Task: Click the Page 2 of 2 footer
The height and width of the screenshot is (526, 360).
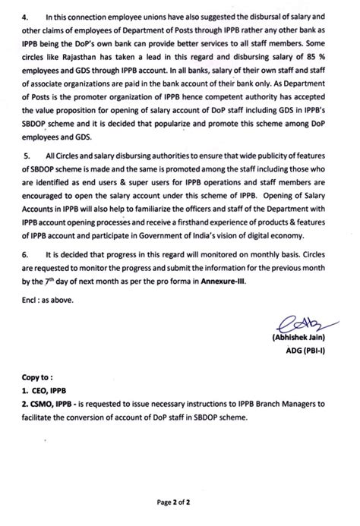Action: [x=180, y=502]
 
